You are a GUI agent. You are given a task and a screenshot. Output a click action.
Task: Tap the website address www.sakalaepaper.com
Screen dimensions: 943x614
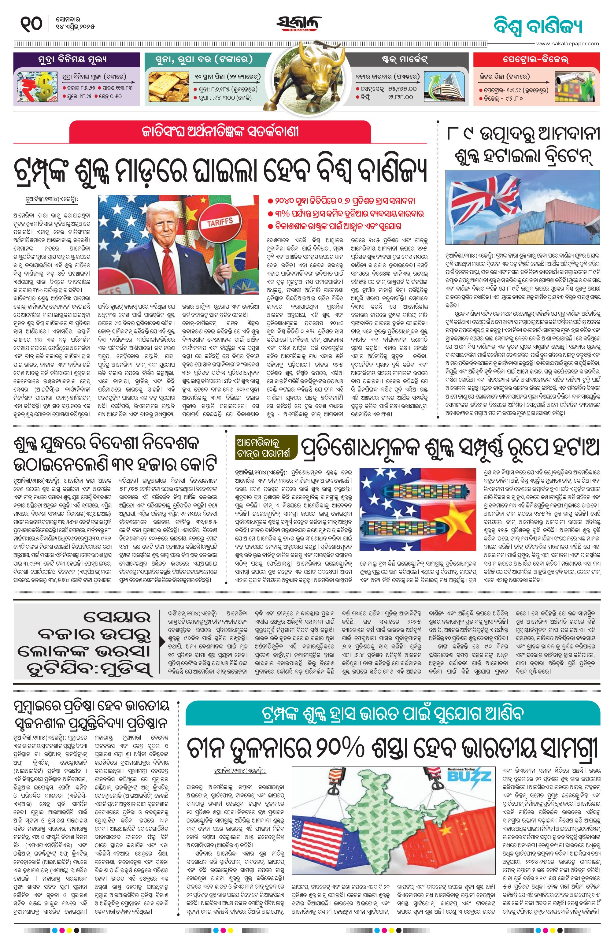coord(567,43)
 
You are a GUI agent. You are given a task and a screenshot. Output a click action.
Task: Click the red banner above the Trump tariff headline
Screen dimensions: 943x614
coord(220,131)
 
